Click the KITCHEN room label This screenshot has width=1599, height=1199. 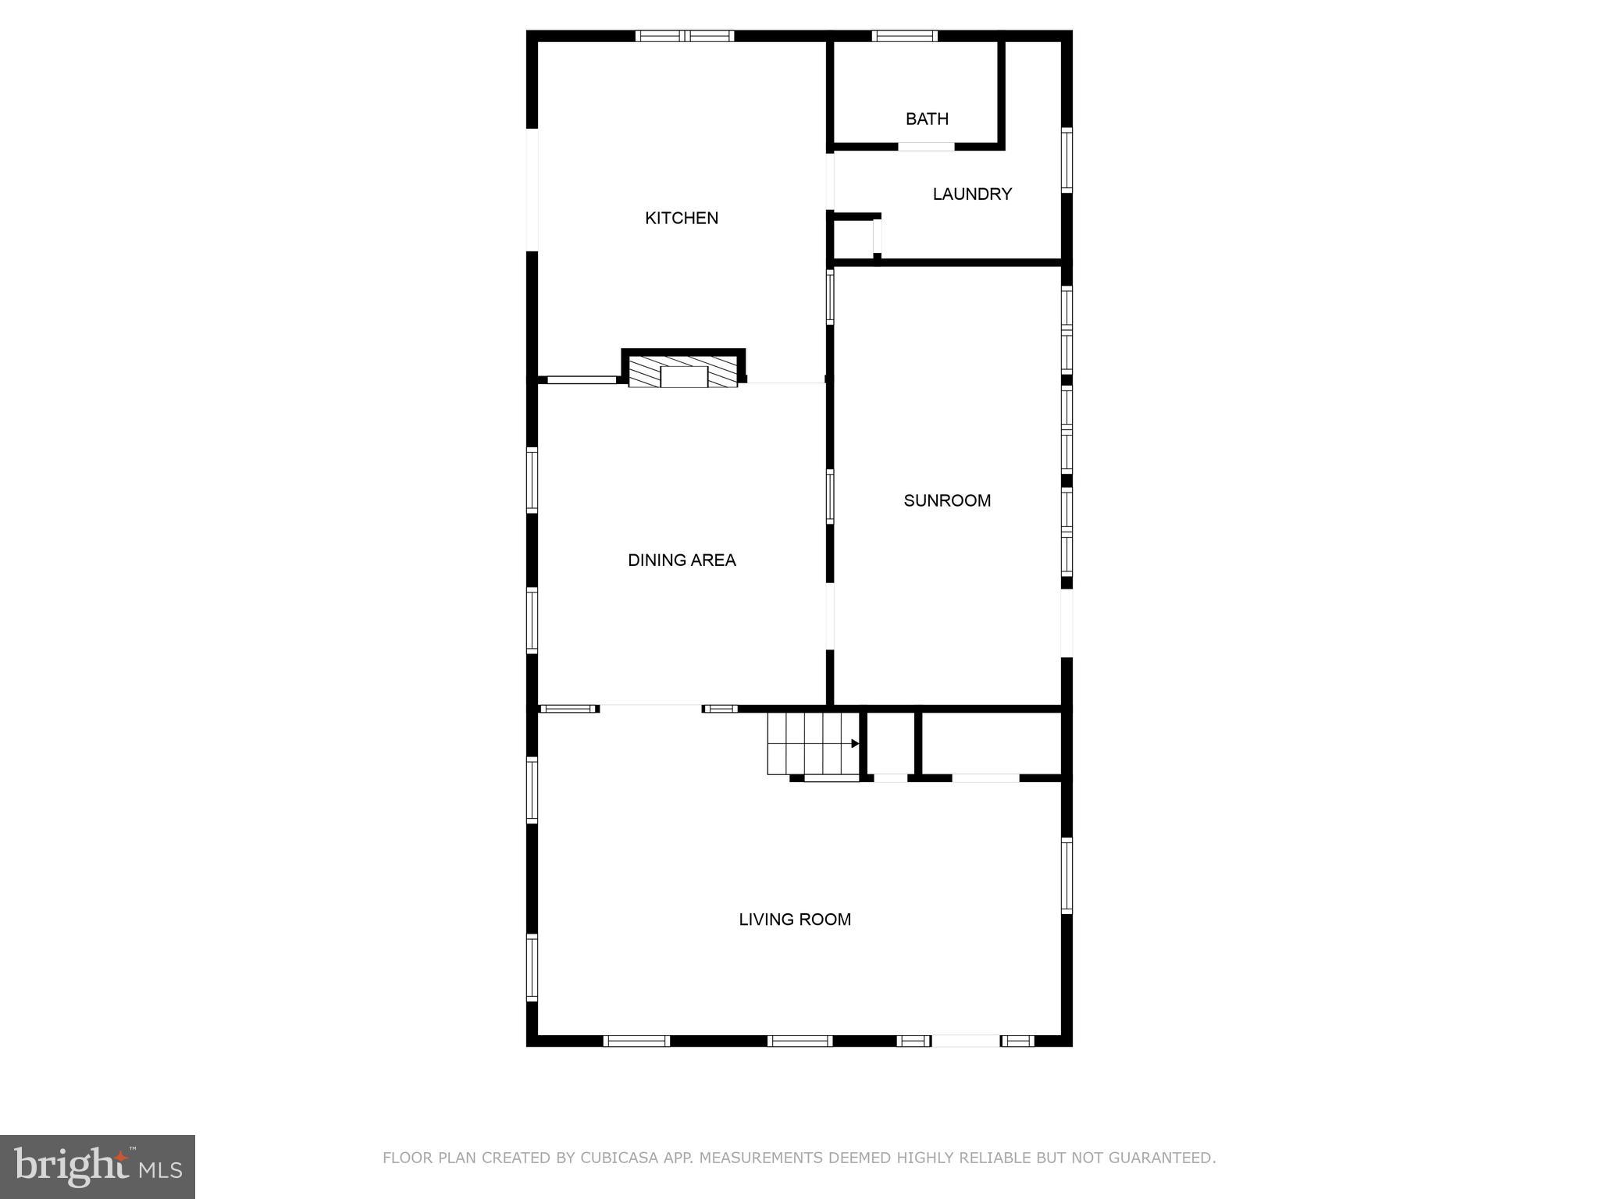tap(681, 218)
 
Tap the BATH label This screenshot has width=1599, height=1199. tap(927, 119)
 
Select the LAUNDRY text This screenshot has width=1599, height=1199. tap(972, 194)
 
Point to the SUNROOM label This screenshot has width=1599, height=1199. tap(947, 500)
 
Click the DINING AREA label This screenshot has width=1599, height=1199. tap(682, 560)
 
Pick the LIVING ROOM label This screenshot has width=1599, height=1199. tap(795, 919)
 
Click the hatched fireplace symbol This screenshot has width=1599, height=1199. tap(683, 372)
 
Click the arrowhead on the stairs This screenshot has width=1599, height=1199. tap(855, 743)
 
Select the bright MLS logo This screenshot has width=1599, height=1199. tap(98, 1167)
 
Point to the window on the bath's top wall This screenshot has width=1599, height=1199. tap(904, 36)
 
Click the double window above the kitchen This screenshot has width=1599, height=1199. tap(685, 36)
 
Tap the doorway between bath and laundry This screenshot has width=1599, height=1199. tap(926, 147)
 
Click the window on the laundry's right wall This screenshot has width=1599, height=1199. tap(1067, 159)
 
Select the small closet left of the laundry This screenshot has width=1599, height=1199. tap(853, 238)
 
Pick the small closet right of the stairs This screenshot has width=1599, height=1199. tap(890, 742)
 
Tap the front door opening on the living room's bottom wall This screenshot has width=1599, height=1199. tap(965, 1041)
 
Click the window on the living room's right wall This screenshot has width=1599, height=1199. tap(1067, 874)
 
